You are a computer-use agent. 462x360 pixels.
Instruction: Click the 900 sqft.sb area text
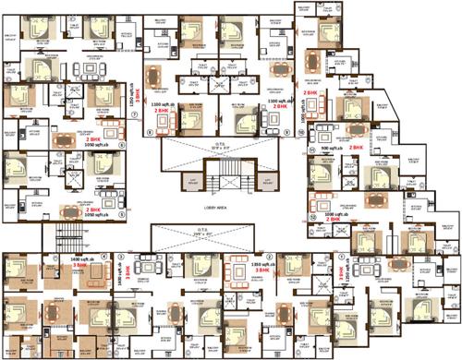coord(327,147)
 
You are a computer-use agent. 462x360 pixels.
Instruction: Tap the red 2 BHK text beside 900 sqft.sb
coord(354,147)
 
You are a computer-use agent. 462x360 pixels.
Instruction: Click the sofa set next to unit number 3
coord(147,261)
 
